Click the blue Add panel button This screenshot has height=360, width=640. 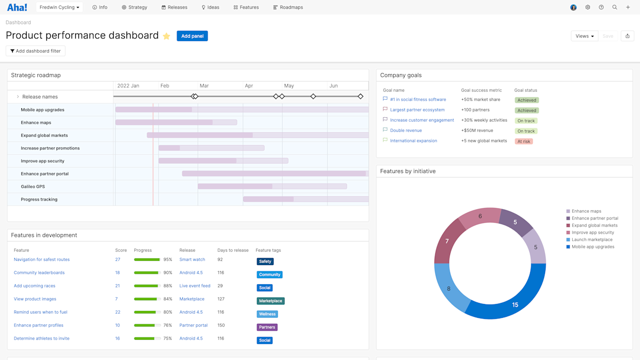click(192, 36)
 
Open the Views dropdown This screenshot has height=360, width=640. click(585, 36)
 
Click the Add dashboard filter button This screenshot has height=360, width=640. click(35, 51)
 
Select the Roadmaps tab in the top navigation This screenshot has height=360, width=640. click(288, 7)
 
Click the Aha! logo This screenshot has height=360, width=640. click(17, 7)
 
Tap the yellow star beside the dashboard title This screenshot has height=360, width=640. click(166, 36)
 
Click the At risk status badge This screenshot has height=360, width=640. click(524, 141)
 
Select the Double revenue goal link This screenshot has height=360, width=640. click(406, 131)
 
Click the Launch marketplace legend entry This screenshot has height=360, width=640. click(591, 240)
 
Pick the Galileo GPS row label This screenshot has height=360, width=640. click(33, 187)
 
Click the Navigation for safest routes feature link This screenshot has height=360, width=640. click(42, 260)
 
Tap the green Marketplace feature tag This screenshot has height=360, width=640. click(270, 301)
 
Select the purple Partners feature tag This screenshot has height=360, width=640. click(267, 327)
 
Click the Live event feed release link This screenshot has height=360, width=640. click(195, 286)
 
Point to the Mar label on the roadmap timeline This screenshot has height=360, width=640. click(204, 86)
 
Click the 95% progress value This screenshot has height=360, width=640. click(167, 260)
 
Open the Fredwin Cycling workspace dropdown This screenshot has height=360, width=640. click(59, 7)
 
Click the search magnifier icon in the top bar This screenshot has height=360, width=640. click(614, 7)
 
